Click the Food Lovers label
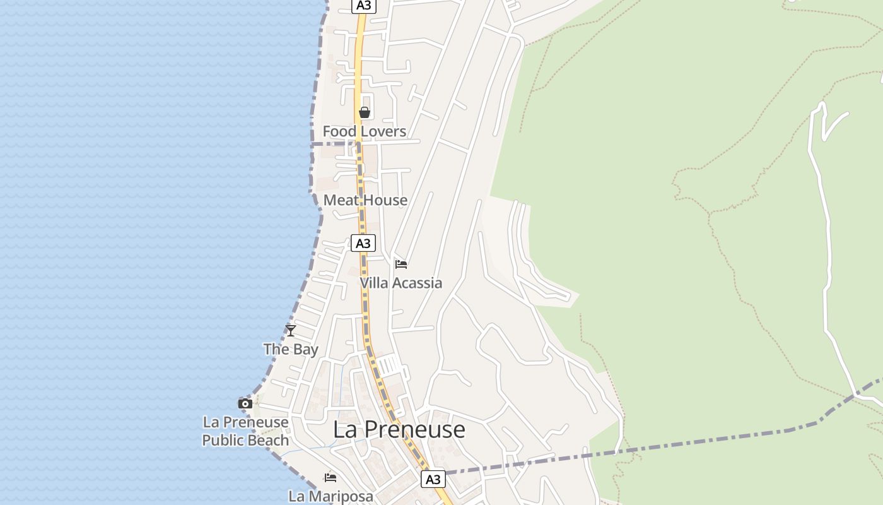coord(364,131)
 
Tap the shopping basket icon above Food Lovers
coord(364,112)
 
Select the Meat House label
coord(365,200)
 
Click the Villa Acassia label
coord(401,283)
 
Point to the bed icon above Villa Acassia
coord(401,264)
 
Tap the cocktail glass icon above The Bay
coord(291,330)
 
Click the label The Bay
coord(291,349)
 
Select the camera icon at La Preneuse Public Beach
coord(245,403)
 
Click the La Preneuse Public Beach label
coord(245,431)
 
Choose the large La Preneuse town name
coord(399,429)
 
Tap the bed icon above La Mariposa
coord(330,477)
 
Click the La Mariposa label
coord(330,496)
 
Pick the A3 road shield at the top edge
coord(364,6)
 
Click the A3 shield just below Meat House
coord(363,243)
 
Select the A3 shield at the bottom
coord(433,479)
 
